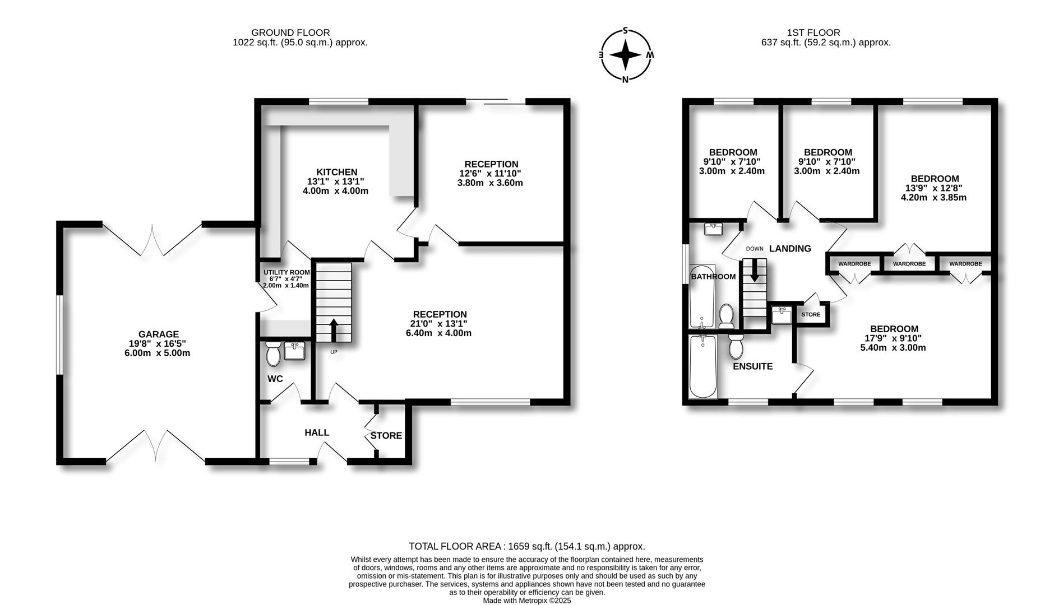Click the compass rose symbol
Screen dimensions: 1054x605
click(x=626, y=55)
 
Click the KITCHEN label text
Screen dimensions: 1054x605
click(x=336, y=172)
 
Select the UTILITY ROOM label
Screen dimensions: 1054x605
click(x=286, y=272)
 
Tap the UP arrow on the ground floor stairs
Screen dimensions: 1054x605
click(x=333, y=330)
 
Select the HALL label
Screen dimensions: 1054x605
click(x=317, y=432)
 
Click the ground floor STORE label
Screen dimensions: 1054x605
click(x=386, y=435)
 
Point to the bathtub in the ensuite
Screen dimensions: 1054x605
click(x=702, y=366)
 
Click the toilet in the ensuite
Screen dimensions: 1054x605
click(x=736, y=346)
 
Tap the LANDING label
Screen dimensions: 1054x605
click(x=790, y=249)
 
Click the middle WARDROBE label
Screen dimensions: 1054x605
click(x=909, y=264)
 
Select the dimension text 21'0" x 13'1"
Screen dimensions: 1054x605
click(x=439, y=324)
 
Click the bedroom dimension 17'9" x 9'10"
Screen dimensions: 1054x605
click(x=893, y=338)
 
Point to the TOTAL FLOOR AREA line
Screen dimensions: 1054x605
click(x=527, y=546)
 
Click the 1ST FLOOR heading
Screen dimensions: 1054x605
click(x=825, y=33)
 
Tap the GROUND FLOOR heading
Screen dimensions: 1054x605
click(x=290, y=33)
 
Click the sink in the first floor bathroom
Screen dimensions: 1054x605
click(x=713, y=229)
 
